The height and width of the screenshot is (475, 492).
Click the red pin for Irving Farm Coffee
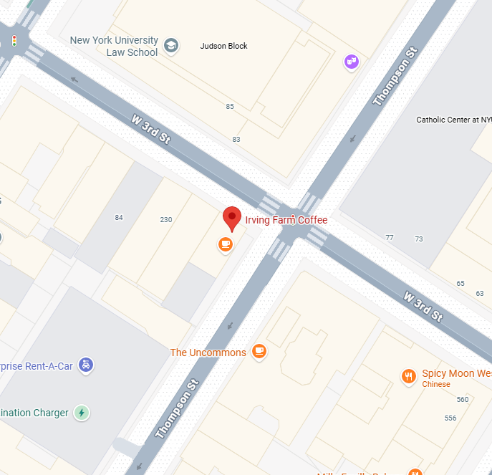(x=231, y=217)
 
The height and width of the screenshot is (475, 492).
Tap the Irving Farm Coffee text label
(x=286, y=220)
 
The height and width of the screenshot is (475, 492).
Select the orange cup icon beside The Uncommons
(x=259, y=352)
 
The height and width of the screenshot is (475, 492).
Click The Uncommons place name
(x=208, y=352)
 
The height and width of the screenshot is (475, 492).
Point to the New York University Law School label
(x=114, y=47)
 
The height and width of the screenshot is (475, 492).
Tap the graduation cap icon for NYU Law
(x=170, y=47)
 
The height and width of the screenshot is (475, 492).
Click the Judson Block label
(x=223, y=47)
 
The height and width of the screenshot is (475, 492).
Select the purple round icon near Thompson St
(x=351, y=62)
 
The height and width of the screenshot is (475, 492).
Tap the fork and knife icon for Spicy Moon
(x=408, y=375)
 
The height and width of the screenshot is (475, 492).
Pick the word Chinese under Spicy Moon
(x=436, y=384)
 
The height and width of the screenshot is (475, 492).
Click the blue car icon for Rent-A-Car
(x=86, y=365)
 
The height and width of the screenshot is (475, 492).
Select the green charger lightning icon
(x=82, y=413)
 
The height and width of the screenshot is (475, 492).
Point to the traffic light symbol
(x=14, y=42)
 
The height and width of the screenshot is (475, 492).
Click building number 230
(x=166, y=220)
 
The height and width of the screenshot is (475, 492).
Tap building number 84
(x=119, y=217)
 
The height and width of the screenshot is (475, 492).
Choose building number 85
(x=230, y=107)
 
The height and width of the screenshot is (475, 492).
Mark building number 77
(x=390, y=237)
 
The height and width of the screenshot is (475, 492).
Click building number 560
(x=462, y=400)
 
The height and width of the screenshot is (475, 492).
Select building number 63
(x=480, y=293)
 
